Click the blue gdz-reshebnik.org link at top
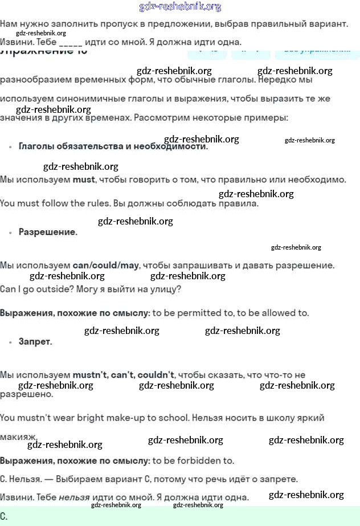[x=180, y=7]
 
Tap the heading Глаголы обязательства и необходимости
[x=113, y=146]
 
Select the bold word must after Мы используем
[x=84, y=180]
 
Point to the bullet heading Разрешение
[x=48, y=232]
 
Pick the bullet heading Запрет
[x=35, y=342]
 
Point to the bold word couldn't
[x=156, y=375]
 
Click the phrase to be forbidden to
[x=194, y=460]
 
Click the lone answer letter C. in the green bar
[x=4, y=516]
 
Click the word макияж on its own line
[x=19, y=437]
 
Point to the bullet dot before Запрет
[x=10, y=343]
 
